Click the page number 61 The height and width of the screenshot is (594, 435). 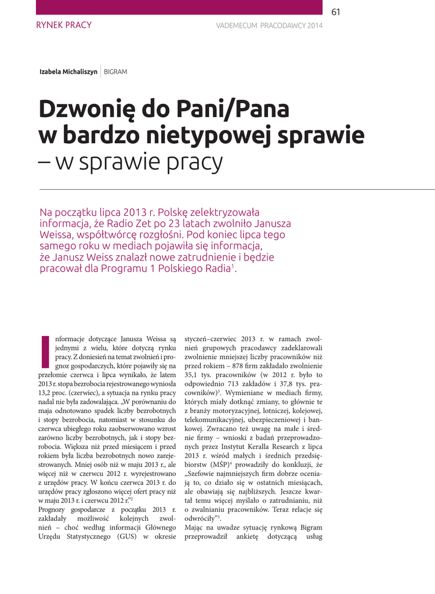point(336,12)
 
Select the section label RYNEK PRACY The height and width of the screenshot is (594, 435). point(64,25)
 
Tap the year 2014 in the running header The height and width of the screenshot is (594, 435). point(314,26)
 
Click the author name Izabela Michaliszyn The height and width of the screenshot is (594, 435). point(68,72)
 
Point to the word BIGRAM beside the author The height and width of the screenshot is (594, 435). point(115,72)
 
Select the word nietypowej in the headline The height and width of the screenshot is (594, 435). point(207,136)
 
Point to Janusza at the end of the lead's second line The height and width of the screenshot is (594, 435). point(270,223)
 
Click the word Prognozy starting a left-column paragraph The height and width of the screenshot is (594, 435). point(54,509)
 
